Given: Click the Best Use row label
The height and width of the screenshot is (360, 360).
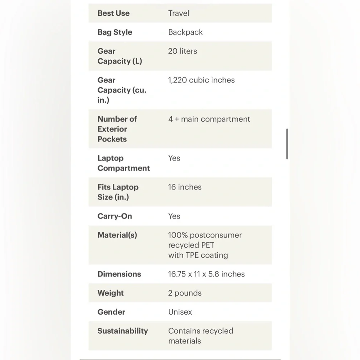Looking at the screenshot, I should (x=113, y=13).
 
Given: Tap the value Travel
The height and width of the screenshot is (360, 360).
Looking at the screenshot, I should (x=179, y=13).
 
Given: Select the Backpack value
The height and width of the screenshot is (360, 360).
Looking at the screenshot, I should (x=185, y=32).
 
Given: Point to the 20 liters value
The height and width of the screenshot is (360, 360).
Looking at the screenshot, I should (x=183, y=51).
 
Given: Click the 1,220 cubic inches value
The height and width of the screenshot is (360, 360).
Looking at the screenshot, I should (x=201, y=80).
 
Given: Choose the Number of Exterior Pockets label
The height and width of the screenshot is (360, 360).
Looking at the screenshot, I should (x=117, y=129).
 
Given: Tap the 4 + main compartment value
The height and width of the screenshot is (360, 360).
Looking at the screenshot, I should (x=209, y=119).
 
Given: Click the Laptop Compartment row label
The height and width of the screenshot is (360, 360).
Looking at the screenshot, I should (x=123, y=163).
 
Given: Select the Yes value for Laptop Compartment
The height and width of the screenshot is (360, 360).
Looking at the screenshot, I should (x=174, y=158).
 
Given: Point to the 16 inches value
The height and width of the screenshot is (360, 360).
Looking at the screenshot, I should (x=185, y=187).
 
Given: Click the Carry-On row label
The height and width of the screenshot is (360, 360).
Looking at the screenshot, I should (x=114, y=216).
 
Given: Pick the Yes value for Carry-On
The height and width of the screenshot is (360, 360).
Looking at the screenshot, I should (x=174, y=216).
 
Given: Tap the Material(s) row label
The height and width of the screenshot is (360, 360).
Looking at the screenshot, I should (x=117, y=235).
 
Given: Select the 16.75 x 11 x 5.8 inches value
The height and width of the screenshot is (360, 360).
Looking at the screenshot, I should (x=206, y=274).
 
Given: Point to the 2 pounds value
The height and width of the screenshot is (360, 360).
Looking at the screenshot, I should (x=185, y=293).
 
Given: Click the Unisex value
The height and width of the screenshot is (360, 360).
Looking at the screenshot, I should (x=180, y=312).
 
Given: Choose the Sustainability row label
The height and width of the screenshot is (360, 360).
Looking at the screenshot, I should (x=122, y=331).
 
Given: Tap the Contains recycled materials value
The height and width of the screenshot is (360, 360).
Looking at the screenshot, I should (x=201, y=336).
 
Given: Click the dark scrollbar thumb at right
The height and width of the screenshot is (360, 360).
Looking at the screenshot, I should (x=287, y=144).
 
